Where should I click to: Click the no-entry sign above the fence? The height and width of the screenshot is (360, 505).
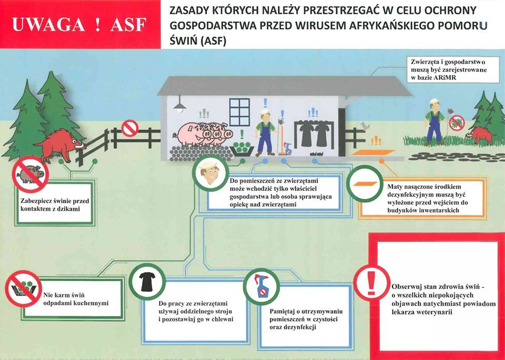click(x=130, y=128)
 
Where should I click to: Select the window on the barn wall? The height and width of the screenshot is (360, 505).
click(x=239, y=112)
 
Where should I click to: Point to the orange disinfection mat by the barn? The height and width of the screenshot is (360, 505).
click(x=373, y=152)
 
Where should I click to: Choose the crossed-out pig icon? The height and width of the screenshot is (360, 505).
click(x=31, y=174)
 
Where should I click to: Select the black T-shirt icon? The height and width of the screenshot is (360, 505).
click(x=147, y=282)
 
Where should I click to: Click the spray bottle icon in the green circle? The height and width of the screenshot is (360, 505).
click(x=261, y=286)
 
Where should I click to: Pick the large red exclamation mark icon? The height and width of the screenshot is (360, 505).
click(x=372, y=284)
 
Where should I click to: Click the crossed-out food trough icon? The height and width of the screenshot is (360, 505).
click(x=24, y=288)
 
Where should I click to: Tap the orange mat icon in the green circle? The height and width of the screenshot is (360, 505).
click(x=365, y=184)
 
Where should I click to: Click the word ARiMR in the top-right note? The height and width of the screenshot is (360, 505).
click(x=446, y=77)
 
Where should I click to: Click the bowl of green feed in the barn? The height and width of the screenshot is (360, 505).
click(x=242, y=149)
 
